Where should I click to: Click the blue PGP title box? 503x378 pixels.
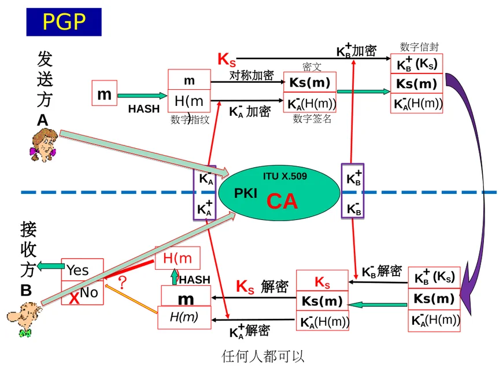(x=64, y=22)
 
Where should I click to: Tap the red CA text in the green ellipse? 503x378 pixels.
(x=282, y=201)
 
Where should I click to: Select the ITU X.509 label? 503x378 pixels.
(x=285, y=177)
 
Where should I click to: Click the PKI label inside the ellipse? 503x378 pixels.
(x=246, y=193)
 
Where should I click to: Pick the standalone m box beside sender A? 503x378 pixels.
(x=104, y=94)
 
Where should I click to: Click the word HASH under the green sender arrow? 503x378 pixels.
(x=143, y=108)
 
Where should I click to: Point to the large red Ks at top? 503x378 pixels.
(x=227, y=59)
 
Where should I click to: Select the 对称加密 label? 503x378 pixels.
(x=251, y=76)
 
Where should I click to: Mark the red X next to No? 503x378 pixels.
(x=74, y=299)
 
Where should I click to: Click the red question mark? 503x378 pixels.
(x=123, y=282)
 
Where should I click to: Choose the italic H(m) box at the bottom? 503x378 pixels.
(x=184, y=317)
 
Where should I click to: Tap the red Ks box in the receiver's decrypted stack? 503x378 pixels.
(x=322, y=282)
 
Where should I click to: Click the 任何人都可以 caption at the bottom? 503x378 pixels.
(x=263, y=356)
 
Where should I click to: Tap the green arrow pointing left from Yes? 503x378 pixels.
(x=51, y=266)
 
